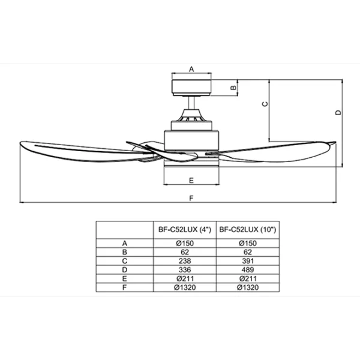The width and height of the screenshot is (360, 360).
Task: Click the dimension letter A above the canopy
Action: pyautogui.click(x=191, y=69)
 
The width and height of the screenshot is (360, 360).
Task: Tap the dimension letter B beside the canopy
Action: pyautogui.click(x=233, y=88)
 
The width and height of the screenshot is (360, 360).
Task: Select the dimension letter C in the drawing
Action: pyautogui.click(x=265, y=104)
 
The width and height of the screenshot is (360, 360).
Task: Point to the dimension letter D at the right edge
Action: pyautogui.click(x=338, y=113)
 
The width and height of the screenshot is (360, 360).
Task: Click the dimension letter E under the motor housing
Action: pyautogui.click(x=191, y=181)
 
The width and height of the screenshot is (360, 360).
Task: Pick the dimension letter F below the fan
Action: pyautogui.click(x=191, y=198)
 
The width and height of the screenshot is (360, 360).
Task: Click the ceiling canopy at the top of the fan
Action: pyautogui.click(x=191, y=88)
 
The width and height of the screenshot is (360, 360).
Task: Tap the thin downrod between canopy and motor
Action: pyautogui.click(x=191, y=103)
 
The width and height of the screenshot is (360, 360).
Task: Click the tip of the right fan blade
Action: pyautogui.click(x=336, y=142)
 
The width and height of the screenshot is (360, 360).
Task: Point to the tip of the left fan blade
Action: pyautogui.click(x=20, y=143)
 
